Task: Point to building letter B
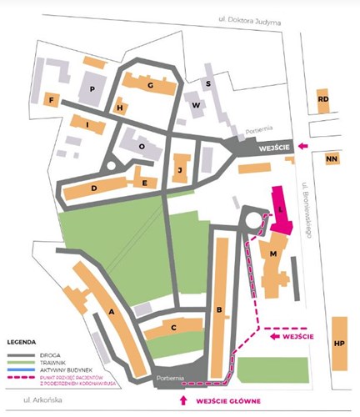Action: coord(218,311)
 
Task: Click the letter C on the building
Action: coord(173,329)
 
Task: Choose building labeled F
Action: coord(52,101)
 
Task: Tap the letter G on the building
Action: coord(150,85)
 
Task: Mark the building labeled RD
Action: coord(323,100)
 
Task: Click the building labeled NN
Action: coord(332,158)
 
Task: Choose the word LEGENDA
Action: coord(22,342)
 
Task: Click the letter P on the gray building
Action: coord(92,88)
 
